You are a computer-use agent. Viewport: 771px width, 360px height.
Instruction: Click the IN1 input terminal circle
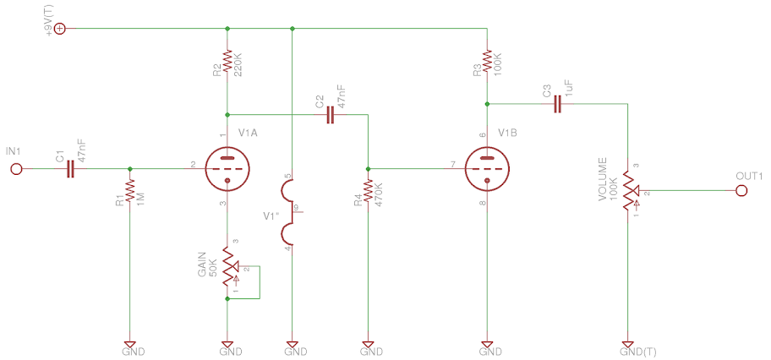[15, 169]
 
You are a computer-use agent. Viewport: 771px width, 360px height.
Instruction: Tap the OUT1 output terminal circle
[741, 191]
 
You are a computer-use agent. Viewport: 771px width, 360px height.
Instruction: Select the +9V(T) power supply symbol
[59, 29]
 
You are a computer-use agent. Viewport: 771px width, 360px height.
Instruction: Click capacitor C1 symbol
[70, 169]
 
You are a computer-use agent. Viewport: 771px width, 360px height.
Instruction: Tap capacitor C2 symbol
[331, 116]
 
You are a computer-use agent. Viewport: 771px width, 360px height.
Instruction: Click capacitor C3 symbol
[557, 105]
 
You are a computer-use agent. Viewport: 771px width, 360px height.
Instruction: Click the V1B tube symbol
[487, 168]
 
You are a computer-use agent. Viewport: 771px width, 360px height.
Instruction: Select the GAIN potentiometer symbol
[227, 266]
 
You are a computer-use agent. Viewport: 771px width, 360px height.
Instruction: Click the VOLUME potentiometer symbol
[628, 190]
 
